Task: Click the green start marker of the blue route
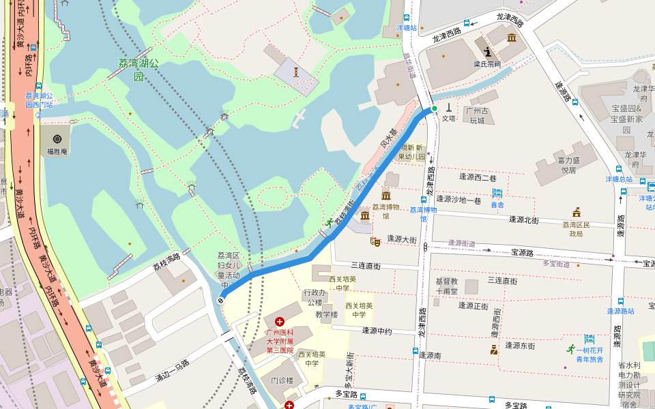434,108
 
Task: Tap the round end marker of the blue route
221,300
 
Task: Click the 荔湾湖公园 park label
138,69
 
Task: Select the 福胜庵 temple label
57,151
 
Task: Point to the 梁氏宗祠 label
487,64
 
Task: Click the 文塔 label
448,118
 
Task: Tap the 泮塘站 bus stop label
407,28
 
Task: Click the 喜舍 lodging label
497,204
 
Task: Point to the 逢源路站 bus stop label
620,311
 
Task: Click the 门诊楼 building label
282,380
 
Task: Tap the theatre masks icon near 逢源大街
375,241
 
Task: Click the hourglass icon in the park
296,71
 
